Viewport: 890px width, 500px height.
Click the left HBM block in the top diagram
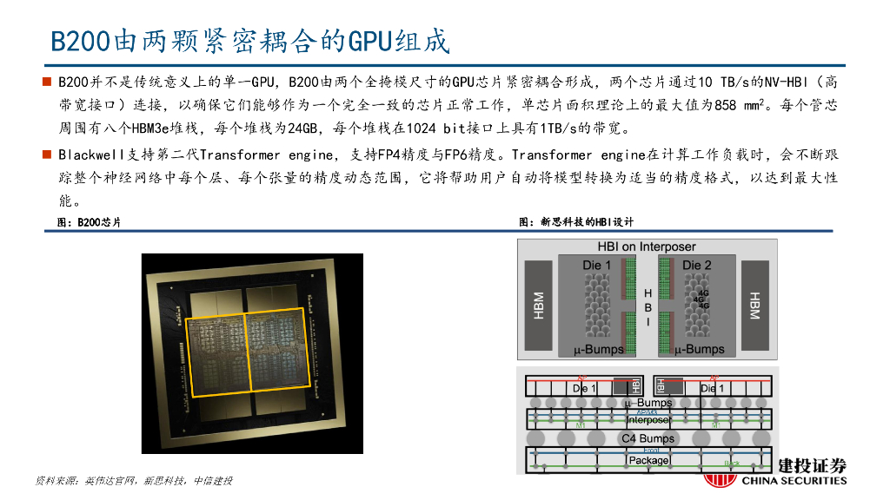(539, 305)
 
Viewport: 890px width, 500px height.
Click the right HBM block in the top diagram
(754, 305)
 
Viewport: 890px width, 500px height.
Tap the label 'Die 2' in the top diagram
(697, 265)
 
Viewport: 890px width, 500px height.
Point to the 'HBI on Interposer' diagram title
(647, 247)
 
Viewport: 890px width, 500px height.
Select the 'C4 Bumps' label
(648, 438)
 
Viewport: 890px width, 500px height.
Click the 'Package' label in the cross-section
(648, 460)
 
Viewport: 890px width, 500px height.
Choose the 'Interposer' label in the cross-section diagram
(648, 420)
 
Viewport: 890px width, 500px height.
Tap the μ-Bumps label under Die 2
(698, 349)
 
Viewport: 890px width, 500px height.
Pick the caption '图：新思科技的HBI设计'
(576, 222)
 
